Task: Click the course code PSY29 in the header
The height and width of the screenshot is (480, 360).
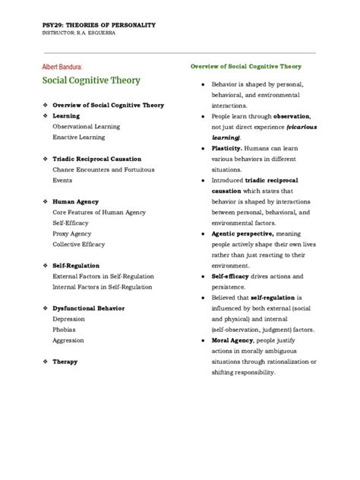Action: (x=52, y=25)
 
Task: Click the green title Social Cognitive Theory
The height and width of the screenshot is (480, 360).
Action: (x=90, y=81)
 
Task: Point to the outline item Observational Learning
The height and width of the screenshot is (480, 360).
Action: (x=83, y=126)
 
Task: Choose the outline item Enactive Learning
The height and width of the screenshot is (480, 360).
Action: (x=78, y=137)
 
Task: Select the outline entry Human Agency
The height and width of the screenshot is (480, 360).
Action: (x=75, y=202)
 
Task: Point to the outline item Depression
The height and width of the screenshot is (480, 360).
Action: (x=68, y=320)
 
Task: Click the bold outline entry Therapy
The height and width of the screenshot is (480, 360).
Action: (x=65, y=362)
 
